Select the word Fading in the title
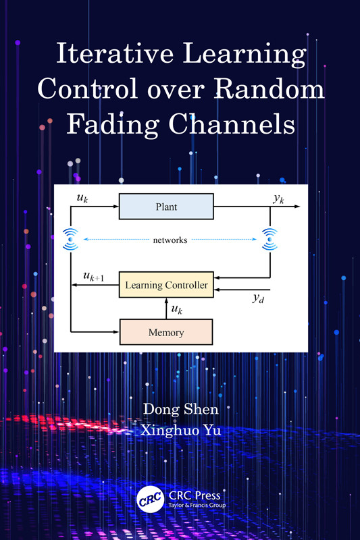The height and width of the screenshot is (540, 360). tap(110, 125)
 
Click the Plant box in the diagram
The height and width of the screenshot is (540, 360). tap(165, 207)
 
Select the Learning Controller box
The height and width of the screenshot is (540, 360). tap(165, 285)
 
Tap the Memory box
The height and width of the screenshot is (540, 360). tap(165, 332)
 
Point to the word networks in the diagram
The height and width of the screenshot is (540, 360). tap(170, 240)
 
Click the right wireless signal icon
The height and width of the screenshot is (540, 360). tap(270, 238)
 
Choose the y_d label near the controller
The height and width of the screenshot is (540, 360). tap(257, 298)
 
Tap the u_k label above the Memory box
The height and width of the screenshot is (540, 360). tap(176, 309)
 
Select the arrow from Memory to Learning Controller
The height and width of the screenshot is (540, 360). tap(166, 308)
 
